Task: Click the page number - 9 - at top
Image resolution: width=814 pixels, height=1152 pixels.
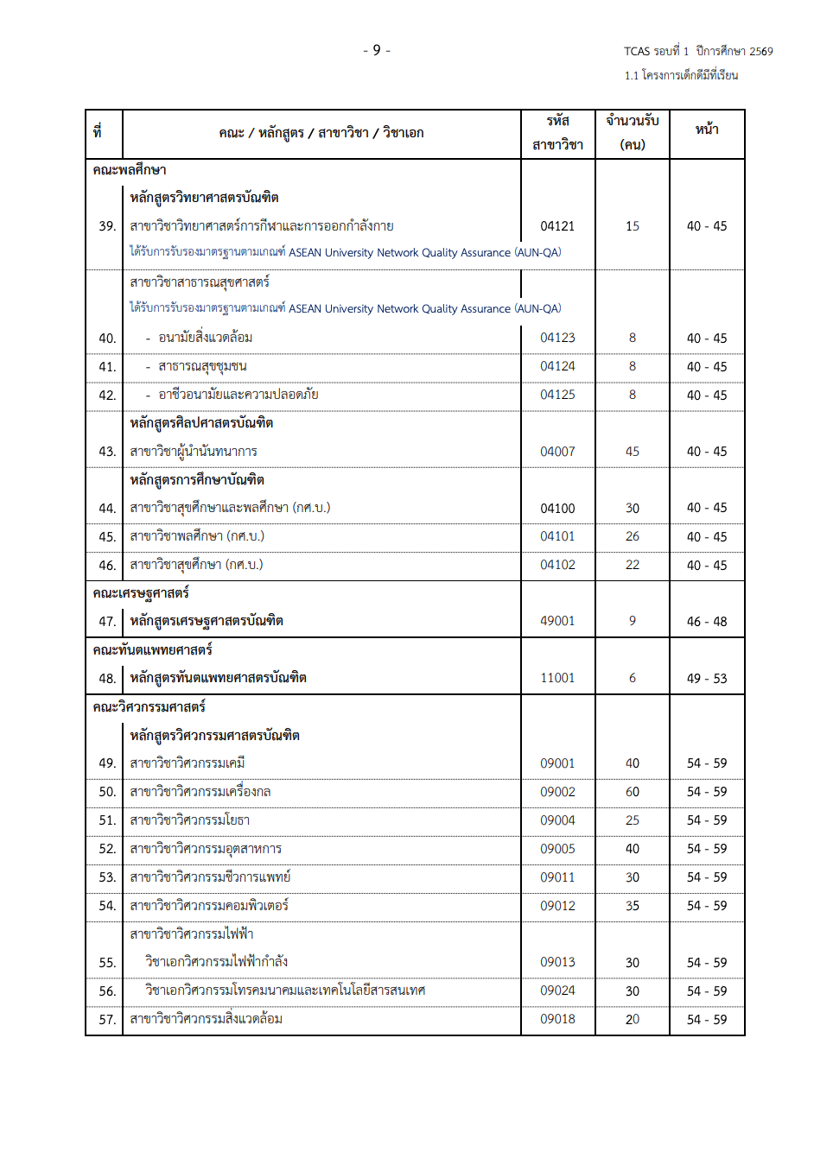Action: point(377,50)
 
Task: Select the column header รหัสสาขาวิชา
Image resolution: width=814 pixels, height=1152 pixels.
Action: point(557,133)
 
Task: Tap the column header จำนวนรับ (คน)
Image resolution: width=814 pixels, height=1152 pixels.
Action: point(632,133)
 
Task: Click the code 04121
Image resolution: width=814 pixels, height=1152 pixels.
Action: point(557,226)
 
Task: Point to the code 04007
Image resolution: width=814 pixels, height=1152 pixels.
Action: point(557,452)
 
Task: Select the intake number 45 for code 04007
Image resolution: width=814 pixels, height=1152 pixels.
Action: point(633,452)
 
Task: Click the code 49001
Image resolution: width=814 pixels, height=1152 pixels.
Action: point(557,621)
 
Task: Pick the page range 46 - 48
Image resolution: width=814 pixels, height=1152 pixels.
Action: point(706,621)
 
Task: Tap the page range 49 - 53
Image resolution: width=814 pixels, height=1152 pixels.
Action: point(706,678)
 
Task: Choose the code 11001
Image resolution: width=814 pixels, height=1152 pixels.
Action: point(557,678)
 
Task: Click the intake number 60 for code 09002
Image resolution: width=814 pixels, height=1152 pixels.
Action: point(633,792)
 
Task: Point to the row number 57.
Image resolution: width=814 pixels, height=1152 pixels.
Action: point(107,1020)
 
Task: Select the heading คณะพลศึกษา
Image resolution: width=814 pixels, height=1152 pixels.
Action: point(130,170)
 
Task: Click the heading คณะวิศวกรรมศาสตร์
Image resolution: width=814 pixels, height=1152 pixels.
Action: point(149,707)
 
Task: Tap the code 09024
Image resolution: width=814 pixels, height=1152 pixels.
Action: point(557,991)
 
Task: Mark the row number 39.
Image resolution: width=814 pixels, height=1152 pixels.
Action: point(107,226)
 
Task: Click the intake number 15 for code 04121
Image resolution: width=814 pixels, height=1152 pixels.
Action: point(633,226)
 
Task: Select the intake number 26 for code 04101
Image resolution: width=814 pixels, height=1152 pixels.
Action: point(633,536)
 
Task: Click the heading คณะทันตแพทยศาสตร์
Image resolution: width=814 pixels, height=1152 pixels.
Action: point(152,650)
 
